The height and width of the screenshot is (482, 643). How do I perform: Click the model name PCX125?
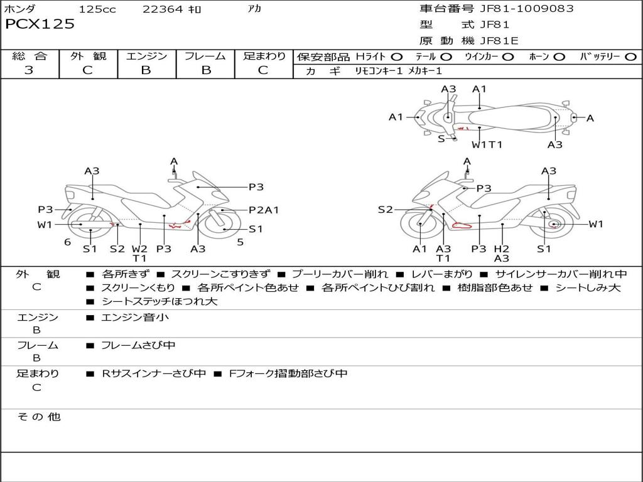[40, 24]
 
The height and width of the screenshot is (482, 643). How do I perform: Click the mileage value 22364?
[163, 9]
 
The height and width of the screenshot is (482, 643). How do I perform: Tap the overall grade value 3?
[29, 70]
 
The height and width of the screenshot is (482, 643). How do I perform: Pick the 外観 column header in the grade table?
[88, 56]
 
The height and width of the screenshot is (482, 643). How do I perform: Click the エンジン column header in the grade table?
[146, 56]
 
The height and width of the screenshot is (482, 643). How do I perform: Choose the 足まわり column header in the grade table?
[264, 56]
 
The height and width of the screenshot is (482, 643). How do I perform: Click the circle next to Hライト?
[397, 56]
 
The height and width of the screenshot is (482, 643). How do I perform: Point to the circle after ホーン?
[559, 56]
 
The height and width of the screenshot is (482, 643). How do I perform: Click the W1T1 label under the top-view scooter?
[487, 145]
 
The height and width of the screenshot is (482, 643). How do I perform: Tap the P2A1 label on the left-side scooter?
[264, 210]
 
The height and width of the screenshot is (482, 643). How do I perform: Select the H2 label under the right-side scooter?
[501, 249]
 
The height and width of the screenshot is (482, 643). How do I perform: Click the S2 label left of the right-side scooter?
[385, 210]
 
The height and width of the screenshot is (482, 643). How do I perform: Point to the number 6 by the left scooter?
[67, 242]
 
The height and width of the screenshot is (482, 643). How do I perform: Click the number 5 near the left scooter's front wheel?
[240, 242]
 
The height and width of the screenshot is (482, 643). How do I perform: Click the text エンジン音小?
[135, 318]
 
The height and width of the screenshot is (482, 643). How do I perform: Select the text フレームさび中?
[138, 345]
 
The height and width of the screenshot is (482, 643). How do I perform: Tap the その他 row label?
[38, 417]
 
